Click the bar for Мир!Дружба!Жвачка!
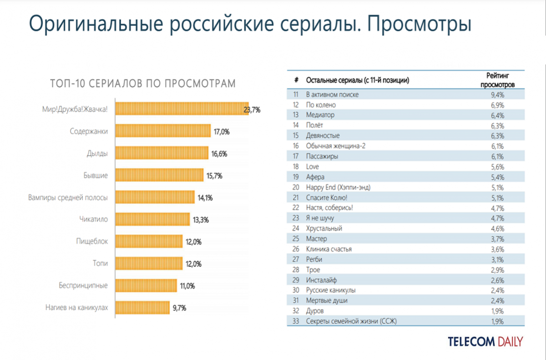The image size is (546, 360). tap(182, 109)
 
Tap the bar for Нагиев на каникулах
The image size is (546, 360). tap(142, 308)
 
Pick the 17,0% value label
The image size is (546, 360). tap(222, 132)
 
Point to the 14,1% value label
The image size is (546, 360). tap(205, 198)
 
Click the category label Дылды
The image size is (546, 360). tap(97, 154)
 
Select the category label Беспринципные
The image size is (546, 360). tap(83, 286)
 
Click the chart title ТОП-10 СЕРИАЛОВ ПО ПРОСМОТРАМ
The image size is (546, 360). tap(143, 84)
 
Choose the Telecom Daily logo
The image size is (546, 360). tap(485, 341)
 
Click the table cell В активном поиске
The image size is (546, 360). tap(332, 95)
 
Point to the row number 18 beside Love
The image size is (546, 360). tap(296, 167)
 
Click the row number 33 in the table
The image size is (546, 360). tap(296, 321)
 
